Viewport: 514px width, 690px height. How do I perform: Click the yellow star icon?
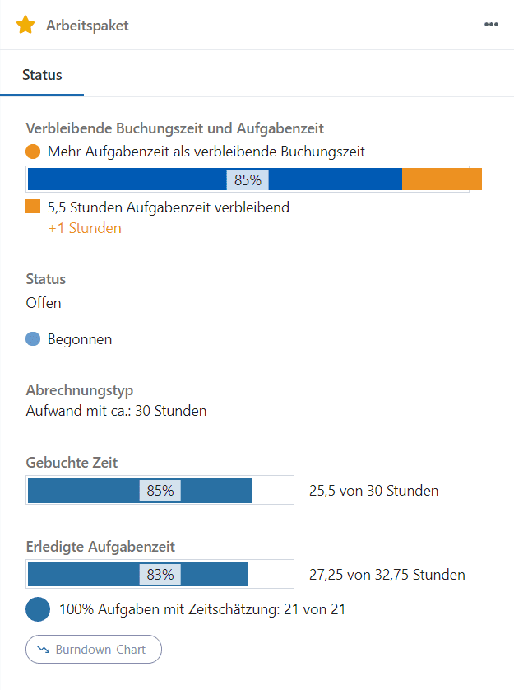point(25,25)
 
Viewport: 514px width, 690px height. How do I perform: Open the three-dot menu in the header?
point(491,25)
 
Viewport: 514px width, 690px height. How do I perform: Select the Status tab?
point(42,75)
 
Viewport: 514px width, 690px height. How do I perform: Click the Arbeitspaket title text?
point(87,26)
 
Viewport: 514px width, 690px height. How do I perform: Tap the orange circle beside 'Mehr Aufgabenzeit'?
point(33,152)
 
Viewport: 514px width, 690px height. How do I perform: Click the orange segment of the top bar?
point(442,179)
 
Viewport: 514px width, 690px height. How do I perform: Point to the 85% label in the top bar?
point(248,180)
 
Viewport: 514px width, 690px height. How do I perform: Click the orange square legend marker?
point(33,207)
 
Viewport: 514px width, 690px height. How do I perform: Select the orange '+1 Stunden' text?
point(85,228)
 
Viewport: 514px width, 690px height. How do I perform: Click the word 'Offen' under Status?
point(44,302)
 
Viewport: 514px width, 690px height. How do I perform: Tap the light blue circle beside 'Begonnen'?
point(33,338)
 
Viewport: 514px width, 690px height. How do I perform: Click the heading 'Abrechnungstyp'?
point(79,389)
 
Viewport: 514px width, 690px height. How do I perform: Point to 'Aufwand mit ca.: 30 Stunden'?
point(116,410)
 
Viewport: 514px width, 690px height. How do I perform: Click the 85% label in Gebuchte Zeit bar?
point(160,491)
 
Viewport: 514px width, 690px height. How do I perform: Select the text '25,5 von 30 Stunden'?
point(373,491)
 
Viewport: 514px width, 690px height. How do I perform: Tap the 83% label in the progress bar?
point(160,575)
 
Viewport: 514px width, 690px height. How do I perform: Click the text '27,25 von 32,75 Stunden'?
point(387,575)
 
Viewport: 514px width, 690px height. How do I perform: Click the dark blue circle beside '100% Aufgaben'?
point(38,610)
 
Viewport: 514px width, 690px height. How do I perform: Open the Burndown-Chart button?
point(94,650)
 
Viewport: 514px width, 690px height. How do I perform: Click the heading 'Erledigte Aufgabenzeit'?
point(100,546)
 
